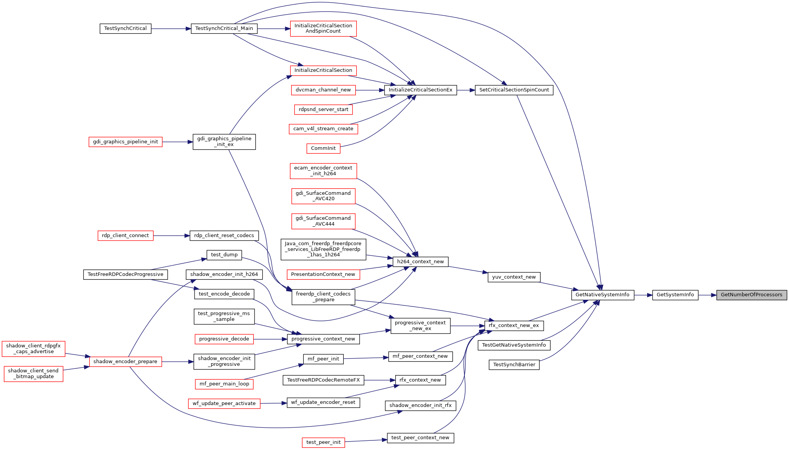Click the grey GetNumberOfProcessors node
click(x=751, y=295)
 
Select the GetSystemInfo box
click(x=675, y=295)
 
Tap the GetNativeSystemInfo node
click(x=603, y=295)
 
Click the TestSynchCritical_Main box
click(x=224, y=28)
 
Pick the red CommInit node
click(x=323, y=148)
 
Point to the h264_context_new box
click(x=420, y=262)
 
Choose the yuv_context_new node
click(x=514, y=277)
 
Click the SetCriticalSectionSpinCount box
click(x=514, y=90)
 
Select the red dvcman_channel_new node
click(x=323, y=90)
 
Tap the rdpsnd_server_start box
click(x=323, y=110)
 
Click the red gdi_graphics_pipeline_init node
click(x=125, y=142)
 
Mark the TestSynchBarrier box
click(x=514, y=365)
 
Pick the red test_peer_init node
click(x=323, y=442)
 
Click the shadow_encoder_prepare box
click(x=125, y=362)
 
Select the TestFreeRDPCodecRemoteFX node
click(x=323, y=380)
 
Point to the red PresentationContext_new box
click(x=323, y=274)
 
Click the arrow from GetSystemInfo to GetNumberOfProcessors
click(x=707, y=295)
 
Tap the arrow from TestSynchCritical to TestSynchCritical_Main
click(x=171, y=29)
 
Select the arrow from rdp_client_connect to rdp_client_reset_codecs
click(x=171, y=236)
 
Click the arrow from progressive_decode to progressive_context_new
click(x=270, y=339)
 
